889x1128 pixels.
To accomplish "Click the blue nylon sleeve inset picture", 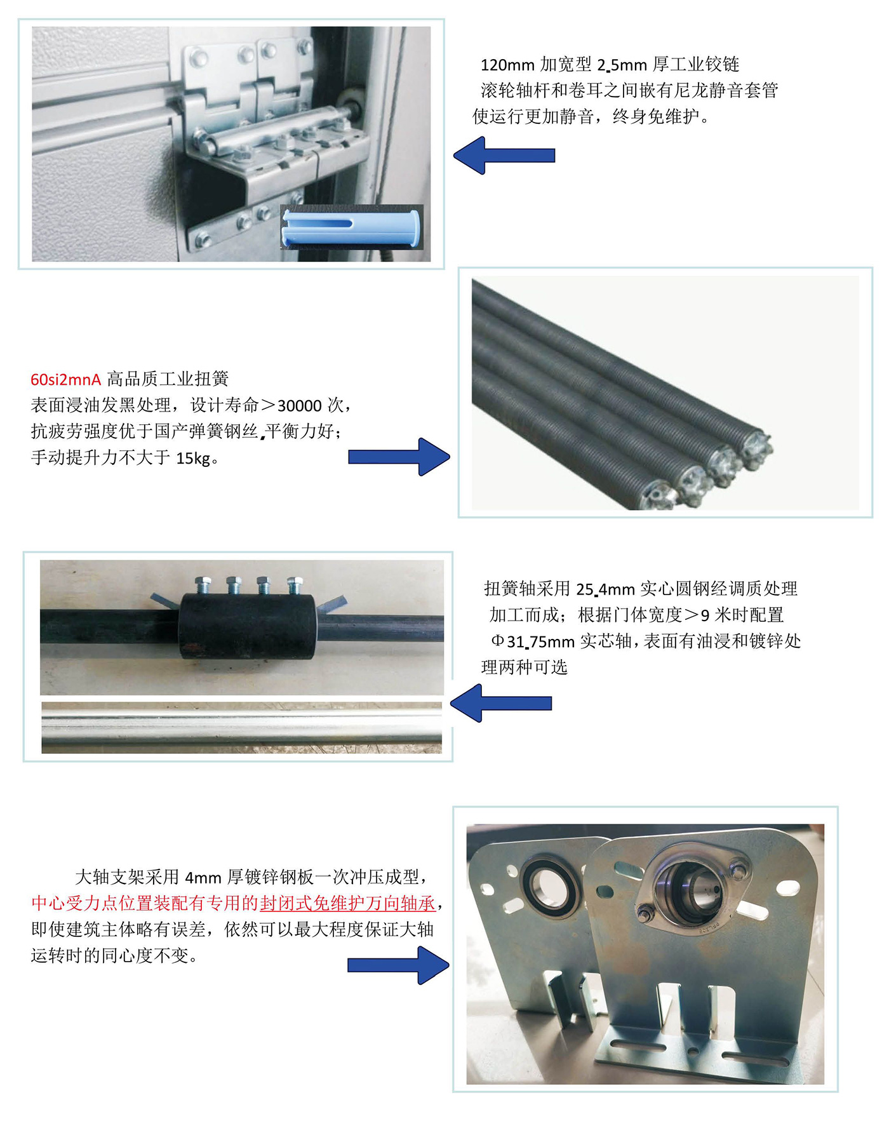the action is (352, 227).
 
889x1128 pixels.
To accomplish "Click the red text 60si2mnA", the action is (66, 380).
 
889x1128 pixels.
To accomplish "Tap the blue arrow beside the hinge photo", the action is (504, 156).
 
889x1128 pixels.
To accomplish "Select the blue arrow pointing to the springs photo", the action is (399, 457).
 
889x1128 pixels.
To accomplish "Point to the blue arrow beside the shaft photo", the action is (501, 703).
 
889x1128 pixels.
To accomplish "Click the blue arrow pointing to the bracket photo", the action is (399, 965).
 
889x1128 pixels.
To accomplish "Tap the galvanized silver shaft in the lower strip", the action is (241, 728).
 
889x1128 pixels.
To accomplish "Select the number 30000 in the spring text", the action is (300, 406).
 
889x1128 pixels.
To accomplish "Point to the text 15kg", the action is (194, 459).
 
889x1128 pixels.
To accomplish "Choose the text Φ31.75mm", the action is (533, 642).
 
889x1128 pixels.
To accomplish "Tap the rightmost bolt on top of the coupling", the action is (295, 585).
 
